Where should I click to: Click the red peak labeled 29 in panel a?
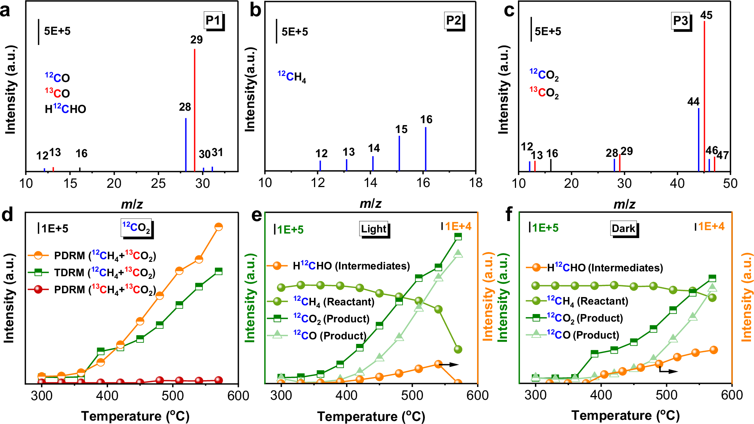194,110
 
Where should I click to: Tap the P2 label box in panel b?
454,21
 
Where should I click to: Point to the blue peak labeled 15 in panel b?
399,153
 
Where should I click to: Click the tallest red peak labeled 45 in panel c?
704,94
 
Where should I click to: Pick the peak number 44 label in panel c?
693,102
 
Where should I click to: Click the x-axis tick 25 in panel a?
158,184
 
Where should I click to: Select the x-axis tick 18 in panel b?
476,183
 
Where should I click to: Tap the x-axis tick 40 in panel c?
677,184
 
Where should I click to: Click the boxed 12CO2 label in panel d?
137,227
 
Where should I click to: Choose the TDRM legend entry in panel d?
104,272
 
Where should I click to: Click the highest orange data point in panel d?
218,227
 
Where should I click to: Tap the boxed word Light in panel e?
374,229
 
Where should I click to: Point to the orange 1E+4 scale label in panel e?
458,226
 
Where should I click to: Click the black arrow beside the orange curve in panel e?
449,365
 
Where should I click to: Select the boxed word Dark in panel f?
623,229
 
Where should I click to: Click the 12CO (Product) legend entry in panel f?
583,335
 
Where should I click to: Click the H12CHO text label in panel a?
65,109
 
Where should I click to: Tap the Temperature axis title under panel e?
371,416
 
